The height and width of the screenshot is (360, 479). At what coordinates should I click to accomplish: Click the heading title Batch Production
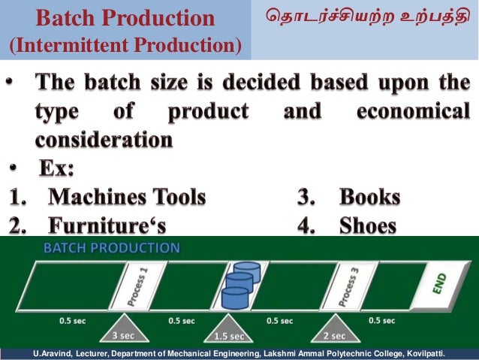click(x=125, y=18)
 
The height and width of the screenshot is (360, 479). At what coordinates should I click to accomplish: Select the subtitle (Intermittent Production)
click(x=125, y=46)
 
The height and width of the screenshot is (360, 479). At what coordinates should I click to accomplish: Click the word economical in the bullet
click(x=413, y=112)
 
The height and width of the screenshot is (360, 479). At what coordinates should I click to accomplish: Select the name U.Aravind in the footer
click(x=47, y=353)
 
